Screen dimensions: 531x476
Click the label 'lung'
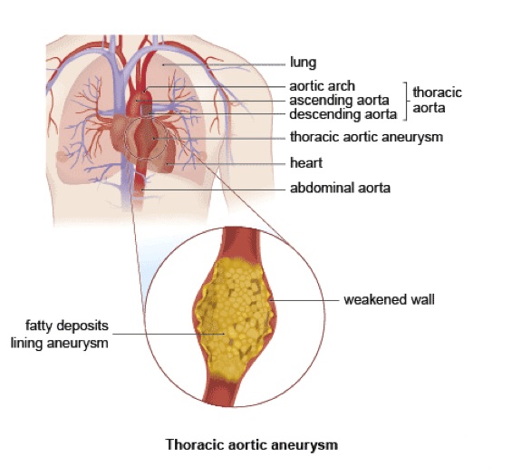tap(303, 63)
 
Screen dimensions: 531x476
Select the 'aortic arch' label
tap(322, 86)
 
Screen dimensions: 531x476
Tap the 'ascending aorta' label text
tap(339, 101)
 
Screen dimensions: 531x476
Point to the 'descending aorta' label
tap(343, 114)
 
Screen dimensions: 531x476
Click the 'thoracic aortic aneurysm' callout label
tap(366, 137)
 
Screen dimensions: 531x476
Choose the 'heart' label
tap(306, 163)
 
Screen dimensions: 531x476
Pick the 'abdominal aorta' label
tap(340, 188)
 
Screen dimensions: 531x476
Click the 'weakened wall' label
tap(389, 300)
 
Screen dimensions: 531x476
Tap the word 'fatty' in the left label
tap(38, 325)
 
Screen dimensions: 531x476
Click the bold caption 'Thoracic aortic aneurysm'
tap(252, 445)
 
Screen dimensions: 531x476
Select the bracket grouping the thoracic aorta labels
tap(405, 101)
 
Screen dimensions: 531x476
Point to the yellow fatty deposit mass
tap(234, 316)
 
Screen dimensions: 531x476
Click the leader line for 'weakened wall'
tap(304, 300)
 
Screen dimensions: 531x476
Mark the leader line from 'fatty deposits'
tap(169, 334)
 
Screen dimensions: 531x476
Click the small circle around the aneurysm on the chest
tap(125, 138)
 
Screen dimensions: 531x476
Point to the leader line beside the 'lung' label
tap(224, 64)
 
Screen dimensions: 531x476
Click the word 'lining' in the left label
tap(27, 344)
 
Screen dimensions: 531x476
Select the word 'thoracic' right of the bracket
tap(437, 92)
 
